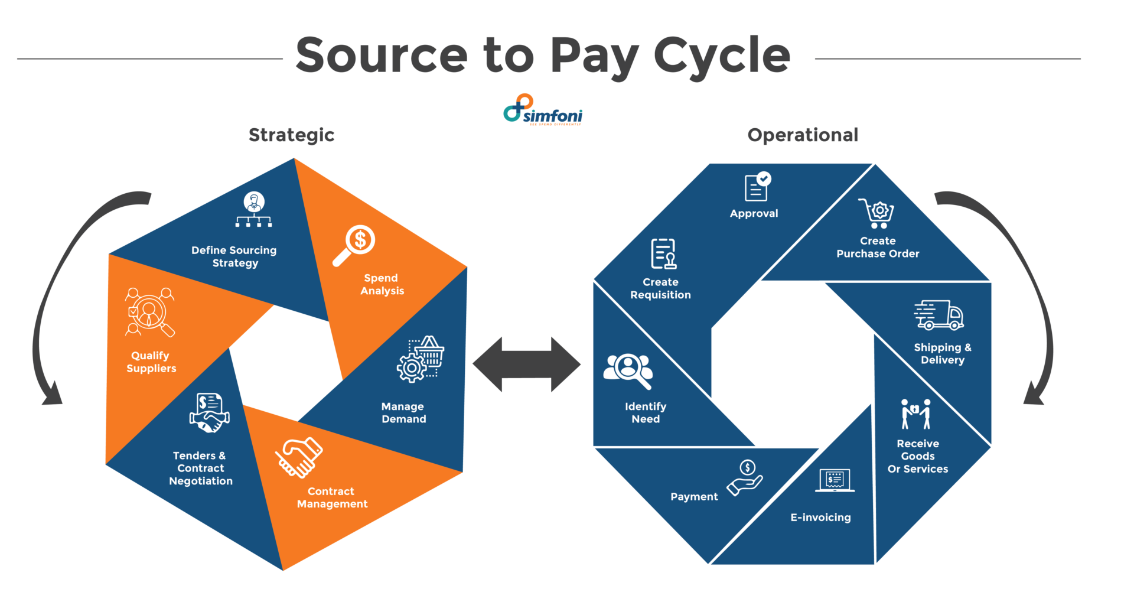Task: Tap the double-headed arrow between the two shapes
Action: (x=526, y=365)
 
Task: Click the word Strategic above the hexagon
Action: (x=291, y=135)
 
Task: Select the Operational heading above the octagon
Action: (x=802, y=135)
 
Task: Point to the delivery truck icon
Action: (x=939, y=315)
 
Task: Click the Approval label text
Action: (x=754, y=214)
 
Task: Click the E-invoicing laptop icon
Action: (x=835, y=480)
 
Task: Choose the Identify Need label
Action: (x=646, y=413)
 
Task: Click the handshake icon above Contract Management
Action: (x=299, y=457)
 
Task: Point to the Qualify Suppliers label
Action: (x=151, y=362)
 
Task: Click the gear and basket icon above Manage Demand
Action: (x=421, y=359)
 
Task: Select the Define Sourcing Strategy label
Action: (x=234, y=256)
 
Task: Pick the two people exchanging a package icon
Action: (x=915, y=414)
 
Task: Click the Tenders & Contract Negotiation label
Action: (x=201, y=468)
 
